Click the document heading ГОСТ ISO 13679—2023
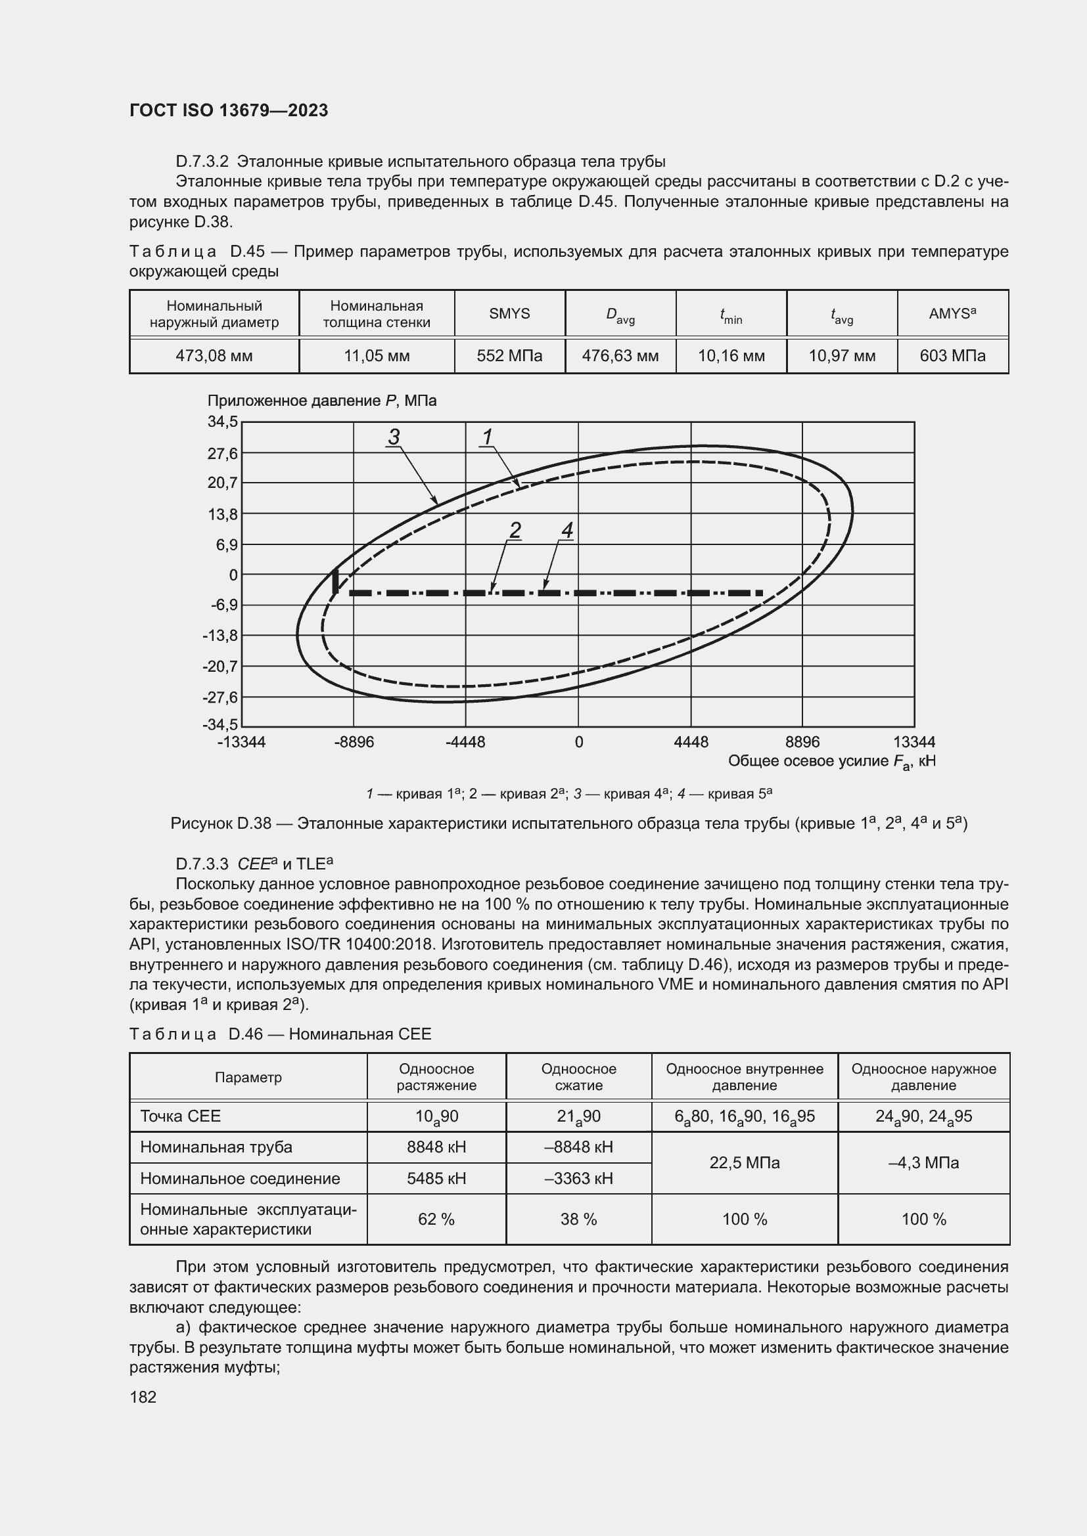click(229, 110)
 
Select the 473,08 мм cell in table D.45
click(214, 356)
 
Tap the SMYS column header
click(509, 314)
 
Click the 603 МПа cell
click(952, 356)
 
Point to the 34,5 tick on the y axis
click(223, 422)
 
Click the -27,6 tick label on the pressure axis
click(220, 697)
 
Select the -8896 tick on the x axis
click(354, 742)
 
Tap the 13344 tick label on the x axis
click(914, 742)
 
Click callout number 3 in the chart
click(394, 437)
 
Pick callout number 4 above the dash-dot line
click(567, 531)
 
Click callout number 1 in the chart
click(486, 437)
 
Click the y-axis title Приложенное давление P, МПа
click(322, 401)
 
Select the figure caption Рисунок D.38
click(569, 823)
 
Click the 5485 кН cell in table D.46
click(436, 1178)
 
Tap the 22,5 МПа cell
click(745, 1163)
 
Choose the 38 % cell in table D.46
click(578, 1219)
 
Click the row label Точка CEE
click(181, 1116)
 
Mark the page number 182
click(143, 1397)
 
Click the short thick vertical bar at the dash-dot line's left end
click(336, 581)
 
